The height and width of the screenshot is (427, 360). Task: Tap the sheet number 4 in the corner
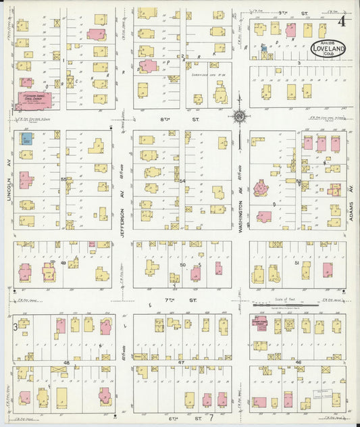343,20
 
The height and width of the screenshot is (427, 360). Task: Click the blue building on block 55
26,139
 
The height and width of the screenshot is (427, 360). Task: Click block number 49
63,263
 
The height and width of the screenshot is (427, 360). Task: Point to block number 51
298,263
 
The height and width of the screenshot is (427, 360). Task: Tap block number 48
66,363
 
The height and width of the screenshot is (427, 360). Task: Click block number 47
181,363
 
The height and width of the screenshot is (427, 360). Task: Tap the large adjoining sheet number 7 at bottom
211,420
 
